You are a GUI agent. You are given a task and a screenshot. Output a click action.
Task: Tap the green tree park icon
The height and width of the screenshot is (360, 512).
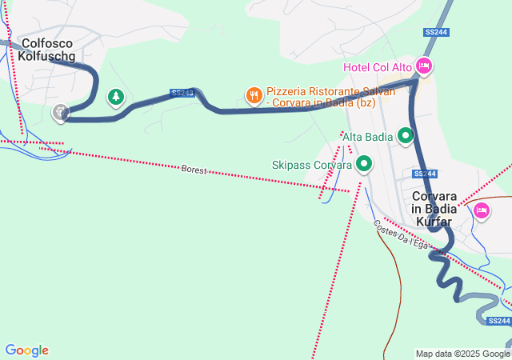(116, 97)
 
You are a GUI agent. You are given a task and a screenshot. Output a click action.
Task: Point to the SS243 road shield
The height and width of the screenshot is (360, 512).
(182, 93)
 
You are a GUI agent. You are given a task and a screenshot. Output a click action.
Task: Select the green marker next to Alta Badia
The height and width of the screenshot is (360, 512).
(406, 136)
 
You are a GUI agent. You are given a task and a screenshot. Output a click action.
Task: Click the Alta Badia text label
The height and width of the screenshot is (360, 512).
(367, 137)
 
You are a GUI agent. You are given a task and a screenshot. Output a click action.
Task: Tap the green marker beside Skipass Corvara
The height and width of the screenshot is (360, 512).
(366, 165)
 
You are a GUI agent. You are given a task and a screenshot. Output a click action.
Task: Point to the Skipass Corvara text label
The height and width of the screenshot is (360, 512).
(312, 166)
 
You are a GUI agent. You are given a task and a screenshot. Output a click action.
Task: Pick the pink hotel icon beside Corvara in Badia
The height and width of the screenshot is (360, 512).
(481, 210)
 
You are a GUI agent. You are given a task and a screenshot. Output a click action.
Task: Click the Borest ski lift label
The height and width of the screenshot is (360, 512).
(194, 170)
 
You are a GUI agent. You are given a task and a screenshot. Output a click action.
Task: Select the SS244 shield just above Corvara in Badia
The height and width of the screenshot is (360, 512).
(425, 174)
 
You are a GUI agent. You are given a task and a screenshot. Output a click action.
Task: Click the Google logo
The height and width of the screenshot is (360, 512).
(26, 350)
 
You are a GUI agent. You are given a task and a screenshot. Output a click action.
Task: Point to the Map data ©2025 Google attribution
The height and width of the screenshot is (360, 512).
(462, 354)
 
